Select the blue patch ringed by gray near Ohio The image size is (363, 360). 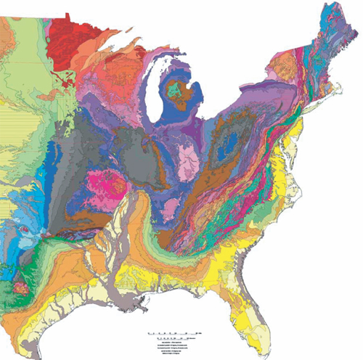point(232,144)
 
